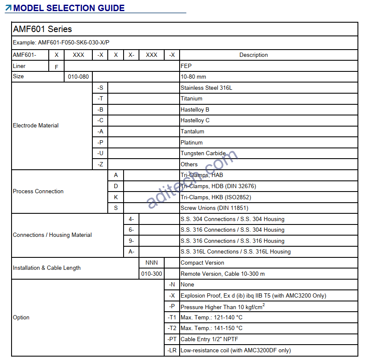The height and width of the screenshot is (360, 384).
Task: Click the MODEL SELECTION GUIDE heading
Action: [x=69, y=8]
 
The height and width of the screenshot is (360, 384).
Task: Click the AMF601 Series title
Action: [x=42, y=30]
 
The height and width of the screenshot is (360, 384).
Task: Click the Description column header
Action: [x=254, y=55]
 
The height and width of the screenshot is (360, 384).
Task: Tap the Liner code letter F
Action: [x=56, y=67]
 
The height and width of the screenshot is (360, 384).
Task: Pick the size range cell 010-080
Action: [x=79, y=77]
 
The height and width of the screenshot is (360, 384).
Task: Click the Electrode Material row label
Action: [x=36, y=126]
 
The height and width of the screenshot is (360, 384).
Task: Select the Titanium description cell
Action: [x=192, y=99]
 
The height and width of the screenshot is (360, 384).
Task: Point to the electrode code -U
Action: [x=100, y=153]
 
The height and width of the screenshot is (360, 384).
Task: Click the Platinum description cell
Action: [x=192, y=142]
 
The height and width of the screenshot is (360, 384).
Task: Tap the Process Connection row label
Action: [x=38, y=192]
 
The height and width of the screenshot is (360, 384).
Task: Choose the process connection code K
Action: [x=116, y=198]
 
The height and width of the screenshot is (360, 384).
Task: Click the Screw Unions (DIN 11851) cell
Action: [x=214, y=208]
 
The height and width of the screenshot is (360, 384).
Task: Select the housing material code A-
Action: [x=131, y=252]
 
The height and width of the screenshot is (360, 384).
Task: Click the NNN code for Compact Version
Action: [x=152, y=263]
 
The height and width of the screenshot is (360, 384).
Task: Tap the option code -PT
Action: [x=172, y=339]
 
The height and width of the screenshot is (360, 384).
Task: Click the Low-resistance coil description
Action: [x=236, y=351]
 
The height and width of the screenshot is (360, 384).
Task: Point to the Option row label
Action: [x=21, y=318]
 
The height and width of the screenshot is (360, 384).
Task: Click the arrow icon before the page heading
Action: [x=9, y=8]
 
